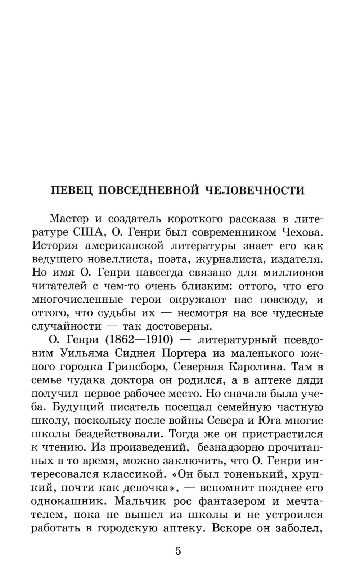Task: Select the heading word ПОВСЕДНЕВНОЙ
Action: tap(148, 190)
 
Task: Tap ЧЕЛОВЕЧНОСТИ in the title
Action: tap(255, 190)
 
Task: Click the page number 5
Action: tap(178, 551)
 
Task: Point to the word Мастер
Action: tap(68, 219)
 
